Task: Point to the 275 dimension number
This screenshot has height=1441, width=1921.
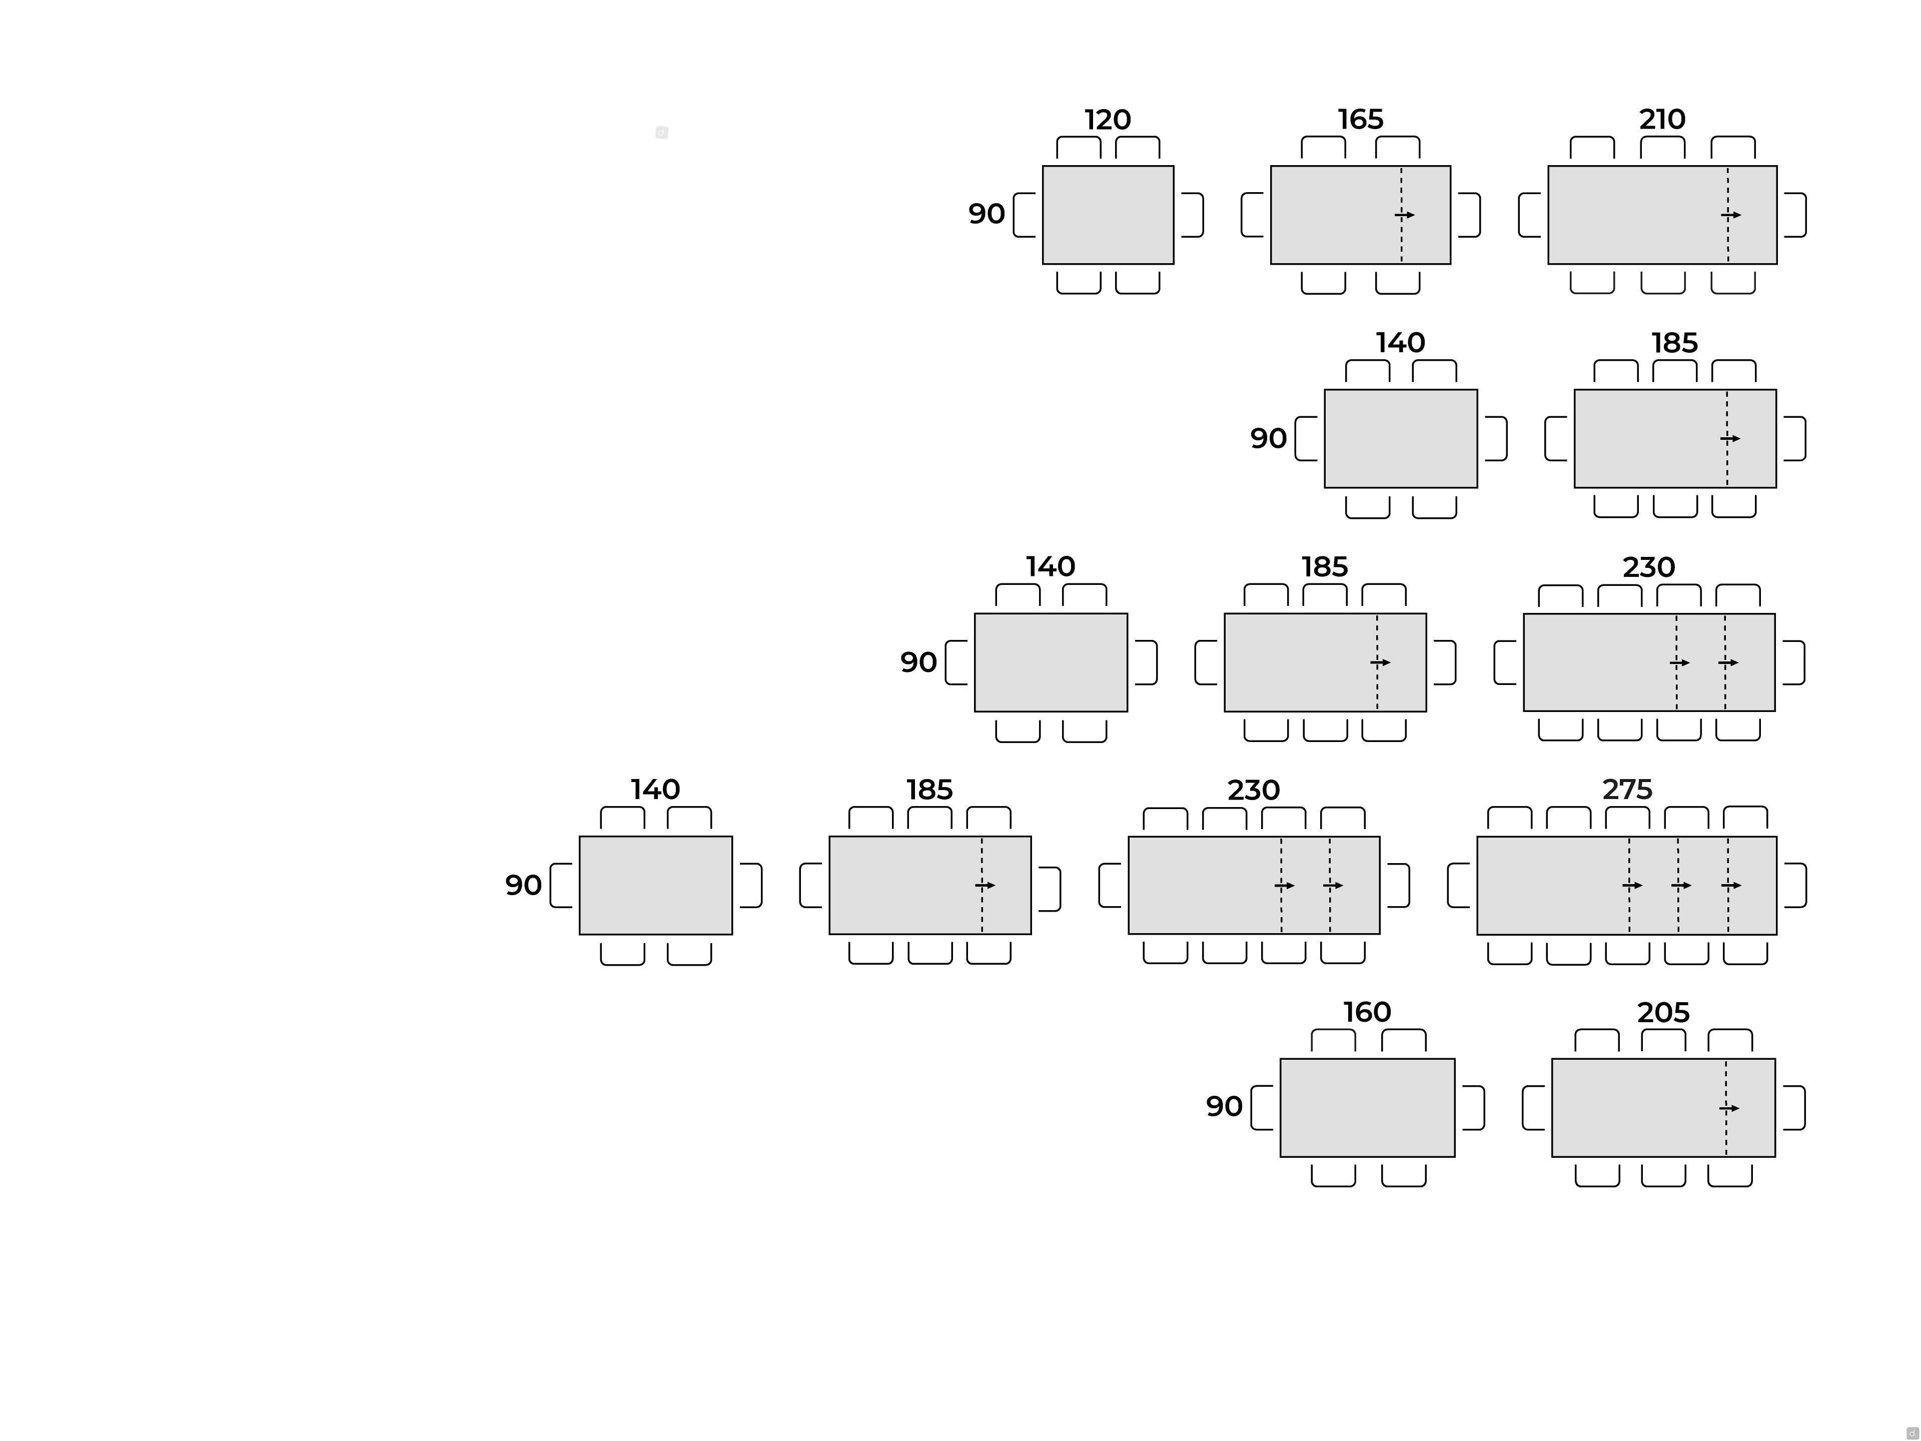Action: [x=1627, y=790]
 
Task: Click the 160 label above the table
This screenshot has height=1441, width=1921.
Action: [x=1367, y=1012]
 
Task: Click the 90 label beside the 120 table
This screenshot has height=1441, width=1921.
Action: [x=987, y=214]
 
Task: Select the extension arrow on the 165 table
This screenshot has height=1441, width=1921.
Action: [x=1405, y=215]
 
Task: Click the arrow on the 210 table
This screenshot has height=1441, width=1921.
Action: [x=1732, y=215]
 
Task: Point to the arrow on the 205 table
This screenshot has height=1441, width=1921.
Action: [x=1730, y=1108]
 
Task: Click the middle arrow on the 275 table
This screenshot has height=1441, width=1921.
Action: [x=1681, y=885]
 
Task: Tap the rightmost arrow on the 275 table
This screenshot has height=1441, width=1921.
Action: [x=1732, y=885]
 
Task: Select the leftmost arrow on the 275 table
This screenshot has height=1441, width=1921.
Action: [x=1633, y=885]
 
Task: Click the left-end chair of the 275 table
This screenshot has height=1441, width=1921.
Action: [x=1459, y=885]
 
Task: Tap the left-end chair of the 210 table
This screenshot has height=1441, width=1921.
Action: [x=1530, y=215]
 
